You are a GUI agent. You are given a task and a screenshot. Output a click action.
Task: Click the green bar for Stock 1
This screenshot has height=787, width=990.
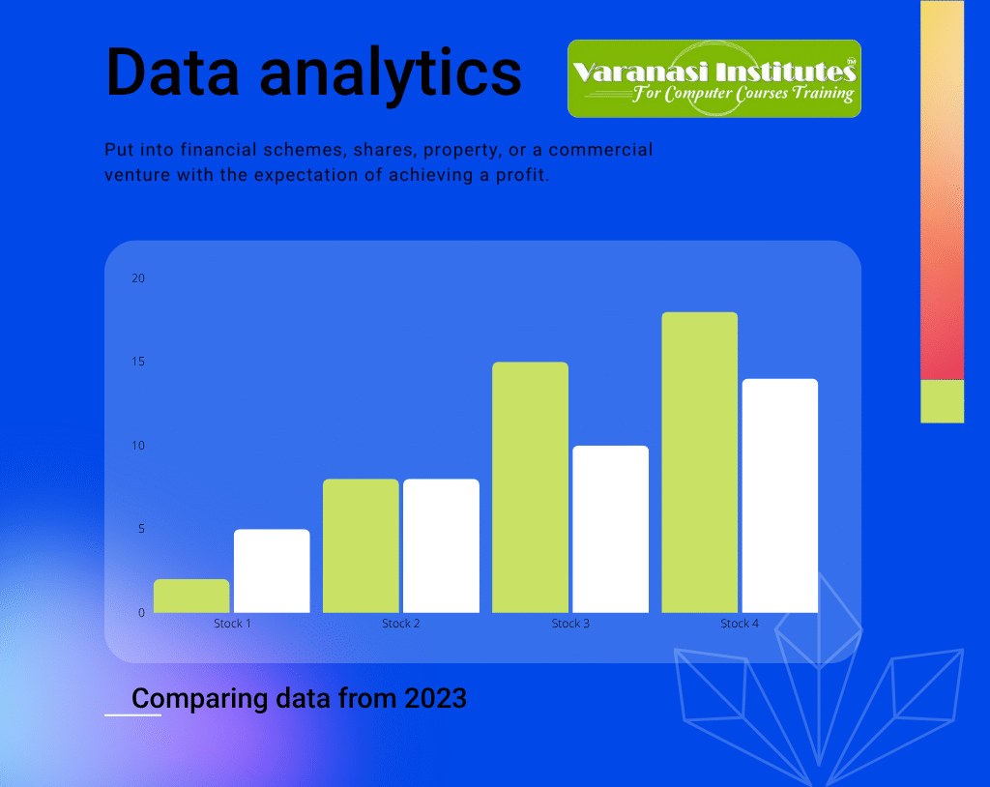(191, 596)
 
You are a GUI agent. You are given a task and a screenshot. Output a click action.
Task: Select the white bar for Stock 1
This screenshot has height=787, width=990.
(272, 570)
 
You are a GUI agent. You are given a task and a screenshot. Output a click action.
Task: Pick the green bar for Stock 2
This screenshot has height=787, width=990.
(361, 545)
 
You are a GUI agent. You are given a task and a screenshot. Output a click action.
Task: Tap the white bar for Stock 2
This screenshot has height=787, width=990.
(441, 545)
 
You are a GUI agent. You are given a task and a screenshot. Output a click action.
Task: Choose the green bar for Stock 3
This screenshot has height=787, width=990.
(530, 487)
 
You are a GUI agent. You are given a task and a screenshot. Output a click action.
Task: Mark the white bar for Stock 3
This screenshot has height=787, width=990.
(610, 529)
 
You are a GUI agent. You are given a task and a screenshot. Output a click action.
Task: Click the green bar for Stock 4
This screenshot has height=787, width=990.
(699, 462)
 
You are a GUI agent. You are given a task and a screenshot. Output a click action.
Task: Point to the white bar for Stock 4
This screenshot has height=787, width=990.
(779, 495)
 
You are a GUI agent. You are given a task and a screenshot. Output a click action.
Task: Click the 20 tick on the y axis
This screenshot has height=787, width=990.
(137, 278)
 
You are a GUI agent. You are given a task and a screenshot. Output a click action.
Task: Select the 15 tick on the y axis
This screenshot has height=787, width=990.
(137, 362)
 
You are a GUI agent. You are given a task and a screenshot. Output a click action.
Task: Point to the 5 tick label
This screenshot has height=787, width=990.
(140, 529)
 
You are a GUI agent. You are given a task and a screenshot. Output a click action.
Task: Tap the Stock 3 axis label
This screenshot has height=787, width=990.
(570, 624)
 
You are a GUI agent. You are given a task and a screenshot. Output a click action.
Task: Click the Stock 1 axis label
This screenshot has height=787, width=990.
(232, 624)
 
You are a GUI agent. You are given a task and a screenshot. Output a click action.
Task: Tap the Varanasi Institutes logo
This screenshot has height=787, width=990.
(713, 78)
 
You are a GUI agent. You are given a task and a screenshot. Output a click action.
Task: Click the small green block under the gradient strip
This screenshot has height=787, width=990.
(942, 401)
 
